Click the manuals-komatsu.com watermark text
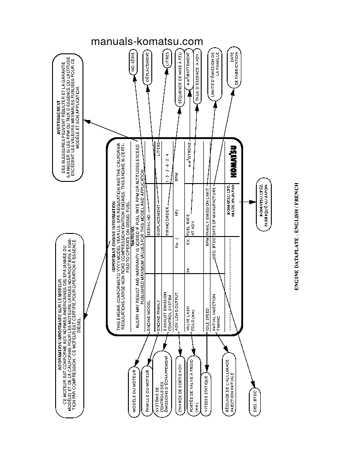(x=146, y=41)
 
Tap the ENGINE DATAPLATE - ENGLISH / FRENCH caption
(x=296, y=236)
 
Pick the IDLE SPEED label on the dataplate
(x=206, y=312)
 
